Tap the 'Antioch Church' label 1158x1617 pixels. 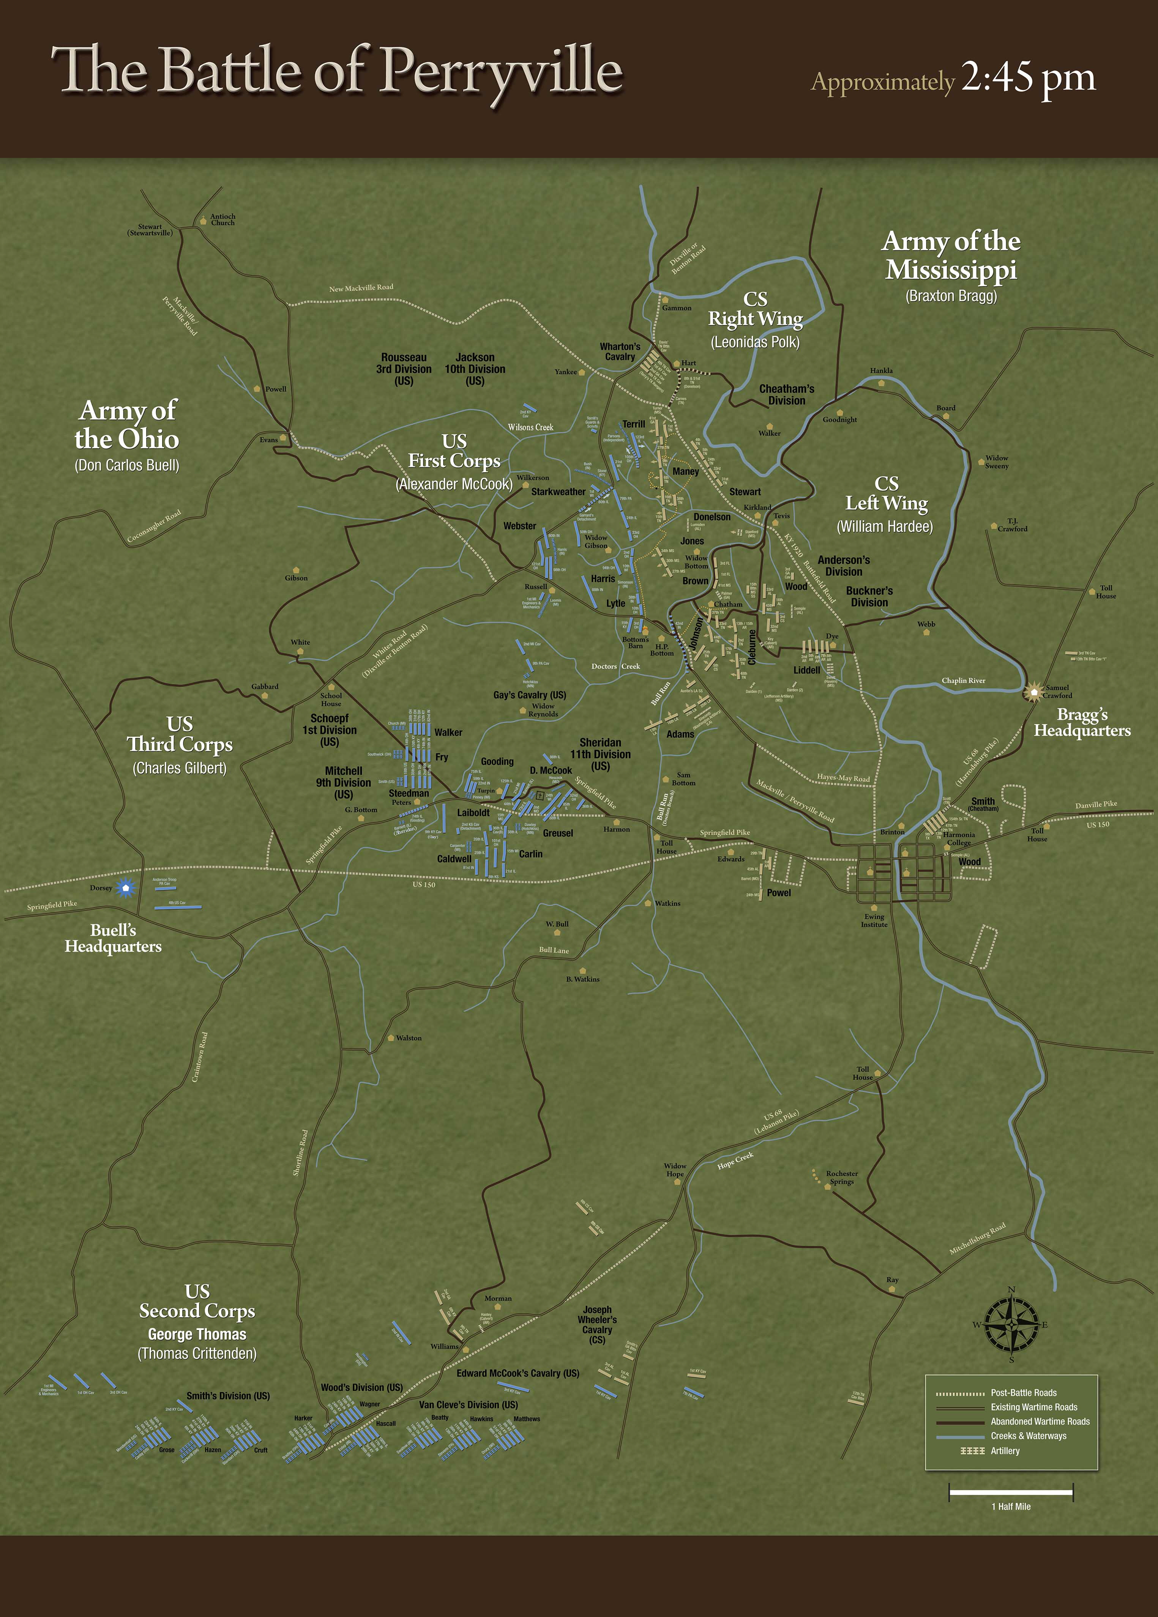click(222, 220)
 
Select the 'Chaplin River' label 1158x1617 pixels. click(963, 680)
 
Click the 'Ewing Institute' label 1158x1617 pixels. click(874, 920)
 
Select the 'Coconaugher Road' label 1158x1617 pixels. click(154, 527)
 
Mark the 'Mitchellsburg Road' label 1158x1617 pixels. click(978, 1239)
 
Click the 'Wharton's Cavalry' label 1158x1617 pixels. click(620, 351)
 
